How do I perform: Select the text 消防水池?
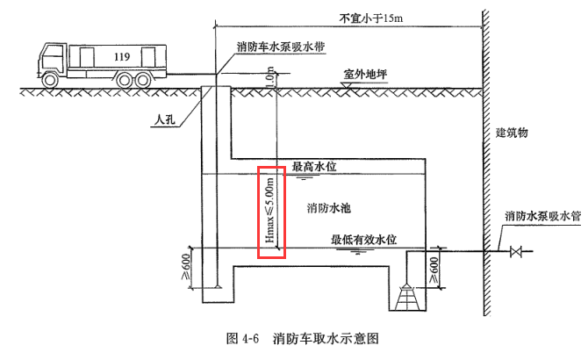330,208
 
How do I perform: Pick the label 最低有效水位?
364,239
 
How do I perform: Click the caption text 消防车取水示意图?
329,337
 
